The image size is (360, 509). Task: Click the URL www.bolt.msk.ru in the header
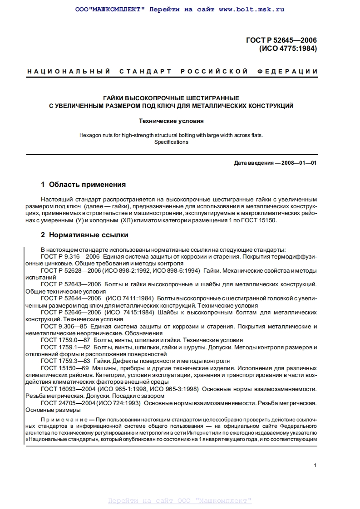[251, 9]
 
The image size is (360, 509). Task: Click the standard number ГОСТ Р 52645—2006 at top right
[281, 40]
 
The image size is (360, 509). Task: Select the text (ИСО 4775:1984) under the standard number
[288, 49]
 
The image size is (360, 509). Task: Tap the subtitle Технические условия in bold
[171, 121]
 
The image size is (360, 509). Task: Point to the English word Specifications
[171, 142]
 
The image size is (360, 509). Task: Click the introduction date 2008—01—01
[299, 163]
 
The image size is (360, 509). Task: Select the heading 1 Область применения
[83, 185]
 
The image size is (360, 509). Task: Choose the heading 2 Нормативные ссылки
[84, 235]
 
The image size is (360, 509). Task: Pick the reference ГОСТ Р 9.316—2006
[70, 256]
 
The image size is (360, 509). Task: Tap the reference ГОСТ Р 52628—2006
[71, 270]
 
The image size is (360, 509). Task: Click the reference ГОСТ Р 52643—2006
[71, 284]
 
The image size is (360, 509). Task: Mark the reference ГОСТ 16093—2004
[69, 389]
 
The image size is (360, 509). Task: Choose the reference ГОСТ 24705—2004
[69, 403]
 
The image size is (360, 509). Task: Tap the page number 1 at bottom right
[315, 465]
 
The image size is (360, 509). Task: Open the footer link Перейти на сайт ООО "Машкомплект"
[180, 501]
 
